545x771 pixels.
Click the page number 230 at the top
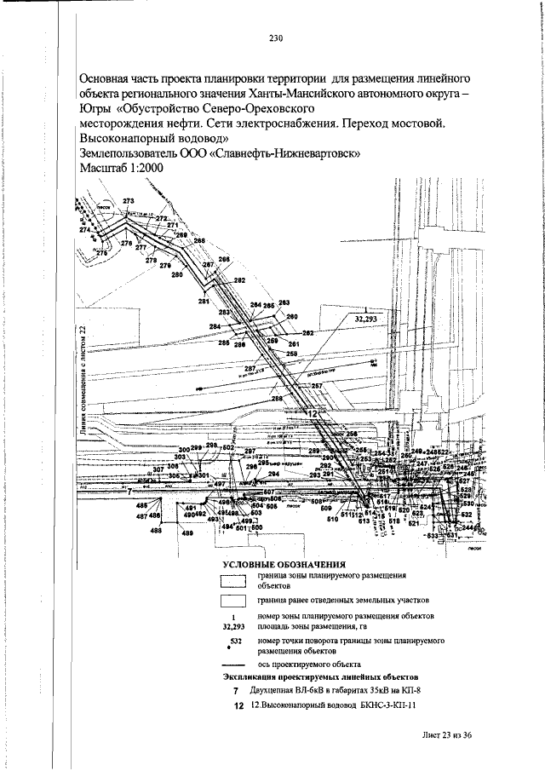(x=275, y=38)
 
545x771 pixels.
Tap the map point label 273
(x=129, y=201)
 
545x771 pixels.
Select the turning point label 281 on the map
(x=204, y=302)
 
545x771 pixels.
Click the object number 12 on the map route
(x=313, y=413)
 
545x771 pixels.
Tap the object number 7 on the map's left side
(x=129, y=491)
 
